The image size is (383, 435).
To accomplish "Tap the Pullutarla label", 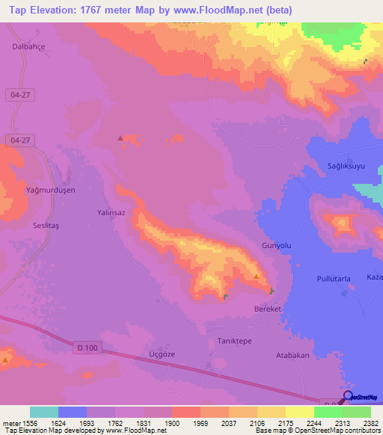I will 334,278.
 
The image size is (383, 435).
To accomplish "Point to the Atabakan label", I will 292,356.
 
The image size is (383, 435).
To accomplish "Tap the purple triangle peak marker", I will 120,138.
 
